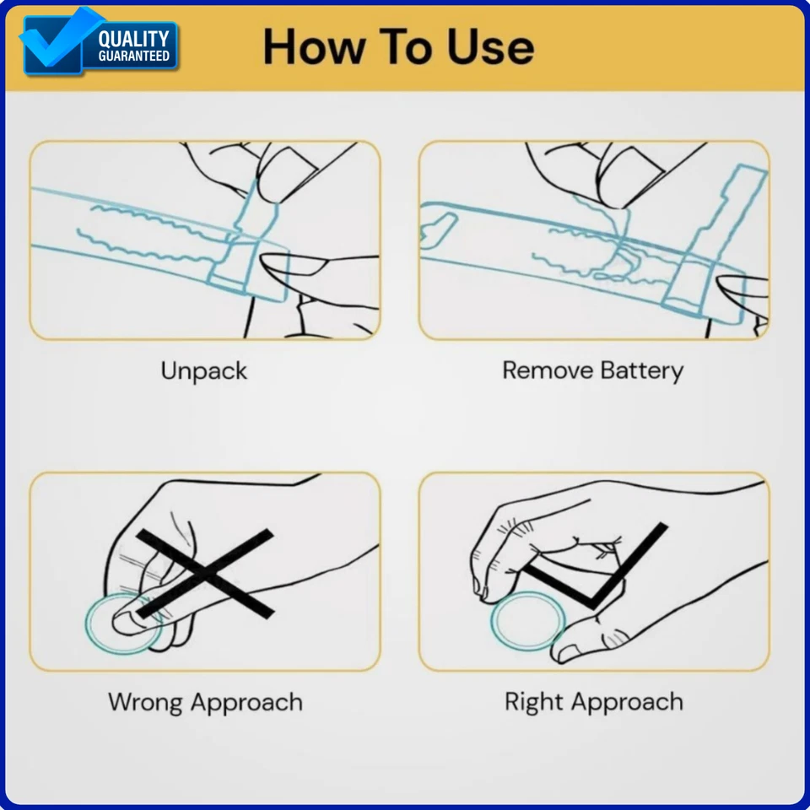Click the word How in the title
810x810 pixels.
coord(314,47)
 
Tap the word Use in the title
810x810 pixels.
coord(491,47)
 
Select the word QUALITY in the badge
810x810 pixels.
coord(134,40)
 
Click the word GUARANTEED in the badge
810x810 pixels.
coord(134,56)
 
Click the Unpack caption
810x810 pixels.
coord(204,371)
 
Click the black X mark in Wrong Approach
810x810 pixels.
coord(206,573)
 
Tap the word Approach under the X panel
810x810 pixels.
coord(246,704)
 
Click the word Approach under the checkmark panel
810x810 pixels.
coord(627,704)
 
